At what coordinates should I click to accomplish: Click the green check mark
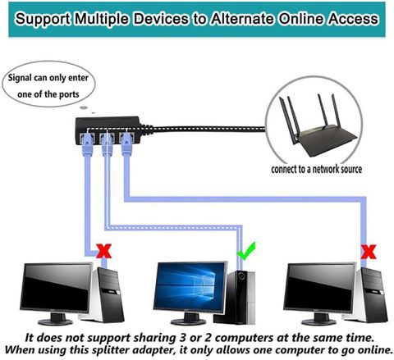[245, 251]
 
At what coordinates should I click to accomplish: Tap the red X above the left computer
[104, 251]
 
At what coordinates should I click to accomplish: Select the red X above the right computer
[369, 252]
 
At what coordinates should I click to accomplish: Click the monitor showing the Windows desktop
[190, 287]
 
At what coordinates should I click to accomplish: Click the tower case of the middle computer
[235, 297]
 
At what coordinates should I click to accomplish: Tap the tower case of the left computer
[105, 294]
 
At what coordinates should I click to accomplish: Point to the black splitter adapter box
[108, 130]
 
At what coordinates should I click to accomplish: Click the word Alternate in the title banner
[242, 19]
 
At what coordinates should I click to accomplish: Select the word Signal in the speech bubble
[20, 78]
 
